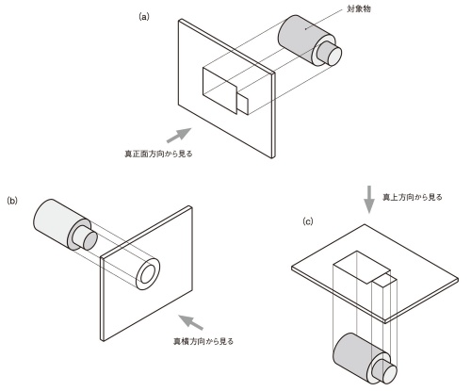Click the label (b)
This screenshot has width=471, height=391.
click(x=12, y=201)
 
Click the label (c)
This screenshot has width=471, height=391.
click(x=308, y=223)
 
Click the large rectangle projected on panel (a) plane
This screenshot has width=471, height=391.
click(x=222, y=90)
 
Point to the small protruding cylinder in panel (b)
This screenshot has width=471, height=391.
click(x=86, y=240)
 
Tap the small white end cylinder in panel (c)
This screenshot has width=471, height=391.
click(x=387, y=370)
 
